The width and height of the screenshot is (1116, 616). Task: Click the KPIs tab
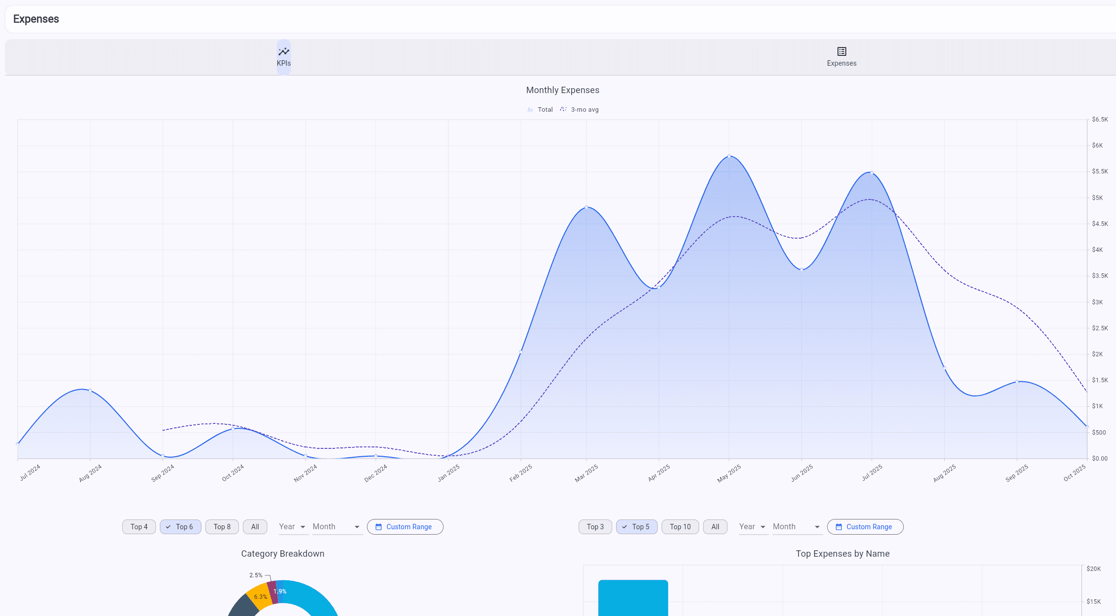pyautogui.click(x=284, y=57)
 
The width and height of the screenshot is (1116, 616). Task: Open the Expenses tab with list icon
pyautogui.click(x=841, y=57)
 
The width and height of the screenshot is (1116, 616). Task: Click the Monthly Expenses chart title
pyautogui.click(x=562, y=90)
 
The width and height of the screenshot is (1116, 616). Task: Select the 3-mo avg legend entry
pyautogui.click(x=580, y=110)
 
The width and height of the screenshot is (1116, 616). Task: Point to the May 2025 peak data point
pyautogui.click(x=729, y=156)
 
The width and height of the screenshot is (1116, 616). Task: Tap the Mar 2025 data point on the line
pyautogui.click(x=586, y=207)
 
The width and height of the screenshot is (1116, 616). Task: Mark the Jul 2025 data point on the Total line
pyautogui.click(x=872, y=172)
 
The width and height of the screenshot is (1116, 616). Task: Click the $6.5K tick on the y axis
pyautogui.click(x=1099, y=120)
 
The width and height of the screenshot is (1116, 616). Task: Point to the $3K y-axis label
pyautogui.click(x=1097, y=302)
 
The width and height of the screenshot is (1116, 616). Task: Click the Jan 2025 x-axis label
pyautogui.click(x=448, y=473)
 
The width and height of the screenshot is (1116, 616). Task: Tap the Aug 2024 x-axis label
pyautogui.click(x=91, y=473)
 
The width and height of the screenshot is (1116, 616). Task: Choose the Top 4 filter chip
pyautogui.click(x=139, y=527)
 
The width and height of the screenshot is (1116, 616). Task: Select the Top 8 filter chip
pyautogui.click(x=222, y=527)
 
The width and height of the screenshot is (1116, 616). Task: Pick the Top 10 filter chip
pyautogui.click(x=680, y=527)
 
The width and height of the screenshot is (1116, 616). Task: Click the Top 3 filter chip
pyautogui.click(x=595, y=527)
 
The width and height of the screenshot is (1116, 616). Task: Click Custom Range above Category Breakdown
pyautogui.click(x=405, y=527)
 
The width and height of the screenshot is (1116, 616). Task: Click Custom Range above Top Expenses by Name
pyautogui.click(x=865, y=527)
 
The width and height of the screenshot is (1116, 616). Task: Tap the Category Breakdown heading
pyautogui.click(x=282, y=554)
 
